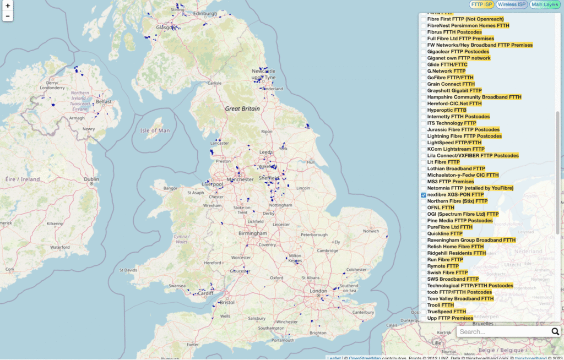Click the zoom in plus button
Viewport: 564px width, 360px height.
(x=8, y=6)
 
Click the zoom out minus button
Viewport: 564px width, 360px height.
(x=8, y=16)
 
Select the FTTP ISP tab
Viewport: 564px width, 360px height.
(x=481, y=5)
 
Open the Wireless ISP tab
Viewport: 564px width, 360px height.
(x=512, y=5)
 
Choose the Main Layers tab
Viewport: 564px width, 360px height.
(x=544, y=5)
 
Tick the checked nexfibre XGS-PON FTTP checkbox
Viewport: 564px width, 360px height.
(x=424, y=195)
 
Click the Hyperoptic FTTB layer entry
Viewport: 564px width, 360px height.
(x=447, y=110)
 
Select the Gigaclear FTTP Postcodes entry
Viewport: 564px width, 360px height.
(x=458, y=52)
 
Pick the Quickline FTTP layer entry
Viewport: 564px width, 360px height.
(x=444, y=233)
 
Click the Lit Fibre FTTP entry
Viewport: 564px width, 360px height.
(x=443, y=162)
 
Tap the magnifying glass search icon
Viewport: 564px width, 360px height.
(x=555, y=331)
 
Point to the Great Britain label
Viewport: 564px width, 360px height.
(x=242, y=109)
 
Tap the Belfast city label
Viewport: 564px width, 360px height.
(x=104, y=102)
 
